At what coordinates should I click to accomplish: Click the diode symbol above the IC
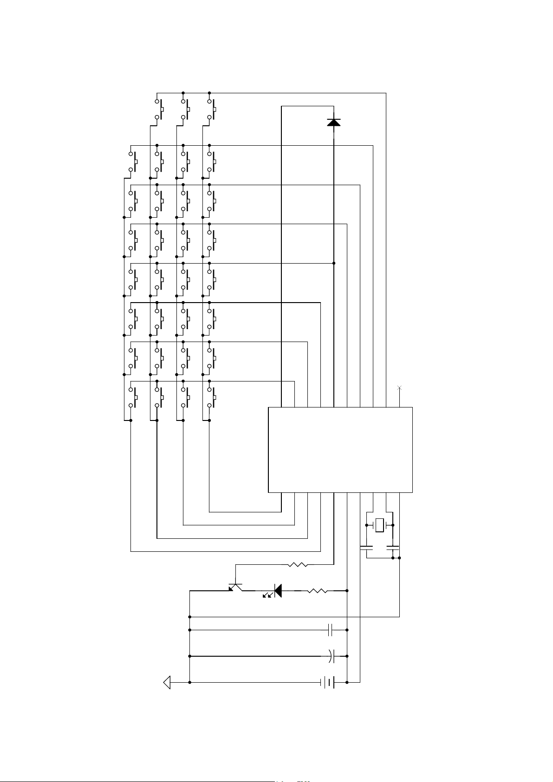(333, 122)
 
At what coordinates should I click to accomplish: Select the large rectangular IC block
(340, 449)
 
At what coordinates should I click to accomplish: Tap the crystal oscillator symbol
(380, 525)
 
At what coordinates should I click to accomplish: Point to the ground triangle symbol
(167, 682)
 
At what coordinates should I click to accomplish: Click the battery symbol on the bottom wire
(327, 682)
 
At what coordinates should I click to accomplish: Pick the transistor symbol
(235, 587)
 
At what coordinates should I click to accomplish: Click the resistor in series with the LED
(317, 591)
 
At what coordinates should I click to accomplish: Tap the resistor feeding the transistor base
(298, 565)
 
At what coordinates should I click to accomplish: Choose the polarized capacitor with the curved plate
(331, 656)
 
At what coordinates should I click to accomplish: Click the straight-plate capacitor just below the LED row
(331, 630)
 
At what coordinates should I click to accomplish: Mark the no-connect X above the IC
(400, 388)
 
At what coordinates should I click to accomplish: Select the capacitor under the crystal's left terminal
(366, 548)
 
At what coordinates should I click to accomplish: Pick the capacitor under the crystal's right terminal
(393, 548)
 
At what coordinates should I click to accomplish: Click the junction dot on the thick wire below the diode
(334, 263)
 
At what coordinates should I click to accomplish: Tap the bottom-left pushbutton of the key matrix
(133, 397)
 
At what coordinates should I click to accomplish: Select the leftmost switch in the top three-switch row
(160, 109)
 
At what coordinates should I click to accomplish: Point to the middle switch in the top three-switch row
(186, 109)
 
